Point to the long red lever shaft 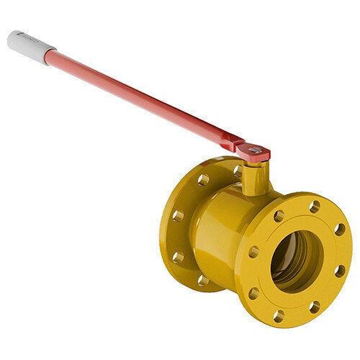pyautogui.click(x=137, y=97)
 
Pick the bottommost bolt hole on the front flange pyautogui.click(x=278, y=315)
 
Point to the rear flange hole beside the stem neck pyautogui.click(x=237, y=171)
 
